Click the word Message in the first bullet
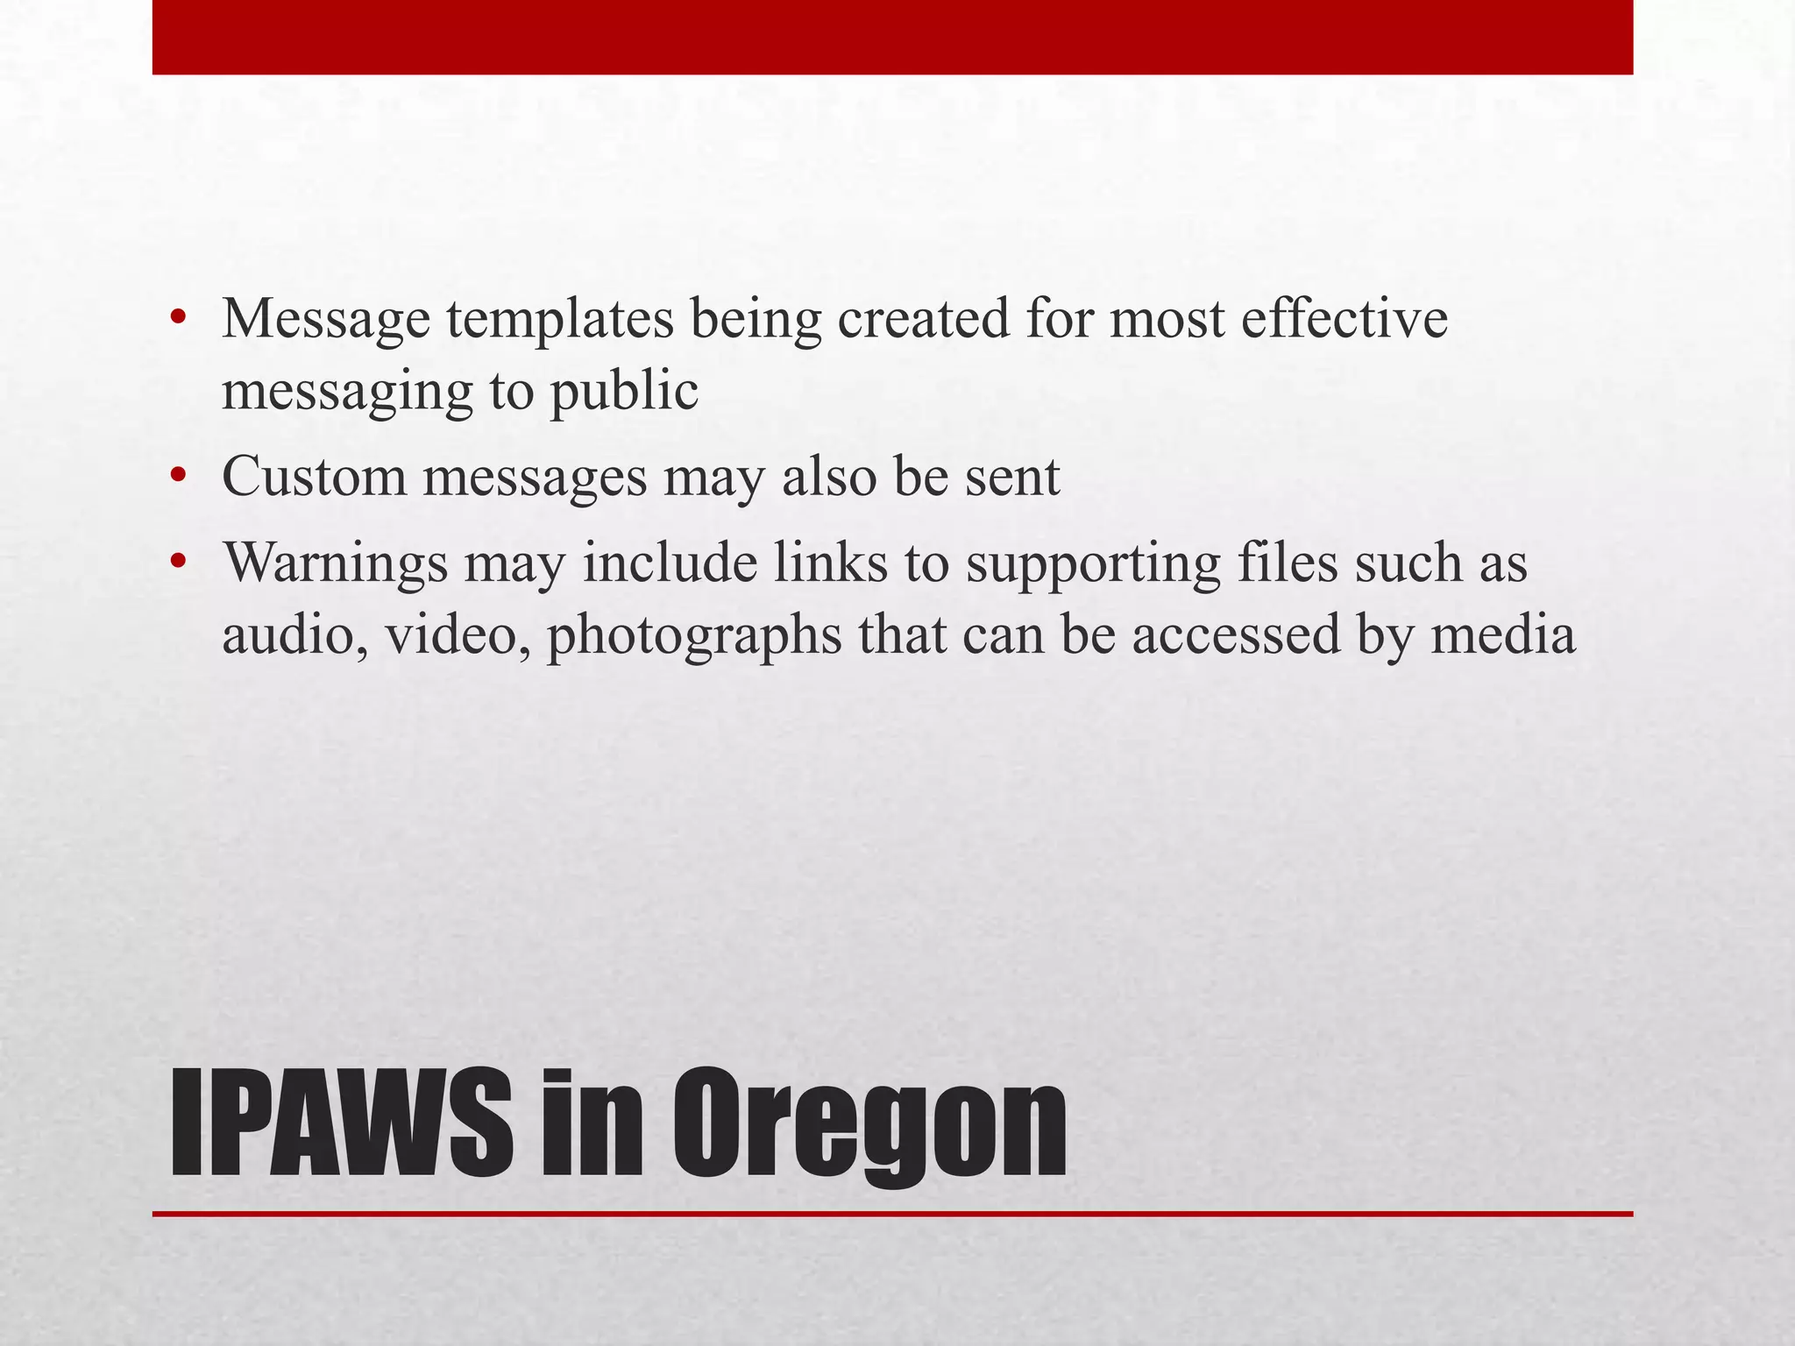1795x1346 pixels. [326, 321]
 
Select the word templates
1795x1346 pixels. [560, 321]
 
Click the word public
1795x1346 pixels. [624, 393]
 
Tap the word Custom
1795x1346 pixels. [315, 478]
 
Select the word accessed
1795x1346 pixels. [1236, 635]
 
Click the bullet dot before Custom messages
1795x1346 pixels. [179, 478]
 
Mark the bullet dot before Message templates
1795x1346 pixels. [179, 318]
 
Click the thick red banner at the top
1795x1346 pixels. [892, 37]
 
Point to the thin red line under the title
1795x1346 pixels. [892, 1214]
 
